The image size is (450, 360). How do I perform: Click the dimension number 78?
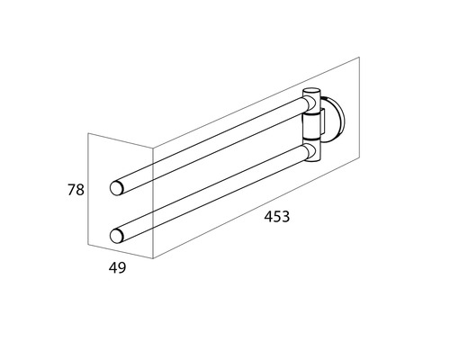point(76,190)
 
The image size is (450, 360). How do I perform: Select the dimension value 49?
point(117,267)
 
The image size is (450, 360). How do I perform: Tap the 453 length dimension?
point(277,217)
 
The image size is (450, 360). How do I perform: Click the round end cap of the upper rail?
point(116,188)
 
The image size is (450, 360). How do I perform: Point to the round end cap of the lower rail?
point(116,236)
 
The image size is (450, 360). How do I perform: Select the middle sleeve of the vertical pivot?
point(312,126)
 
